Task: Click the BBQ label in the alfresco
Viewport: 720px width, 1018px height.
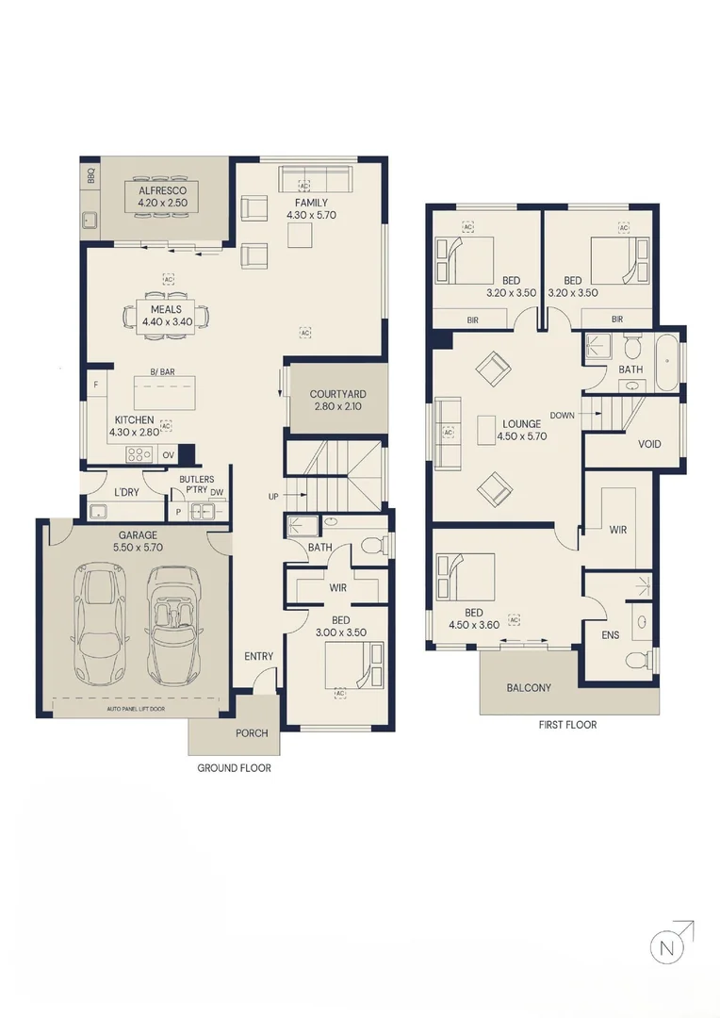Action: pos(90,176)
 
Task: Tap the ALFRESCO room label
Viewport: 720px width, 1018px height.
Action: pos(162,190)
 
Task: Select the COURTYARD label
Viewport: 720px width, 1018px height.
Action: pos(337,394)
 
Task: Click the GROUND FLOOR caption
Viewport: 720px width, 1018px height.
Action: pos(235,768)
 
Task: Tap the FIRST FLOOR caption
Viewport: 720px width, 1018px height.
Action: pos(567,725)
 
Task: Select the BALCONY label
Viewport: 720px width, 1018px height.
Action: pos(529,687)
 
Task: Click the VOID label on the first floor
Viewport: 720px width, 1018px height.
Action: pos(649,444)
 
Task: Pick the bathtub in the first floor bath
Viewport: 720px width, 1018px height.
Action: pos(667,362)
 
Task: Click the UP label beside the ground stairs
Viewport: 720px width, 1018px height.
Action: pos(273,497)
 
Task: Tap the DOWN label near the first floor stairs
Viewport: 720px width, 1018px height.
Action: pos(562,415)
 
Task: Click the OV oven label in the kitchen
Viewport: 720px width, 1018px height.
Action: pos(168,455)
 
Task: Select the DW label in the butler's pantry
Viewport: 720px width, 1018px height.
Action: pos(216,492)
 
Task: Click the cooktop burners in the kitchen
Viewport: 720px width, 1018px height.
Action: pos(139,454)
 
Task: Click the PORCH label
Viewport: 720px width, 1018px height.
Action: pos(252,733)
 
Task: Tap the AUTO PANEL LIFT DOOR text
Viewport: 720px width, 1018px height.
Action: pos(136,709)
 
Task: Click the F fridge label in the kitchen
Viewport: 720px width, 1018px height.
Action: pos(95,385)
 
